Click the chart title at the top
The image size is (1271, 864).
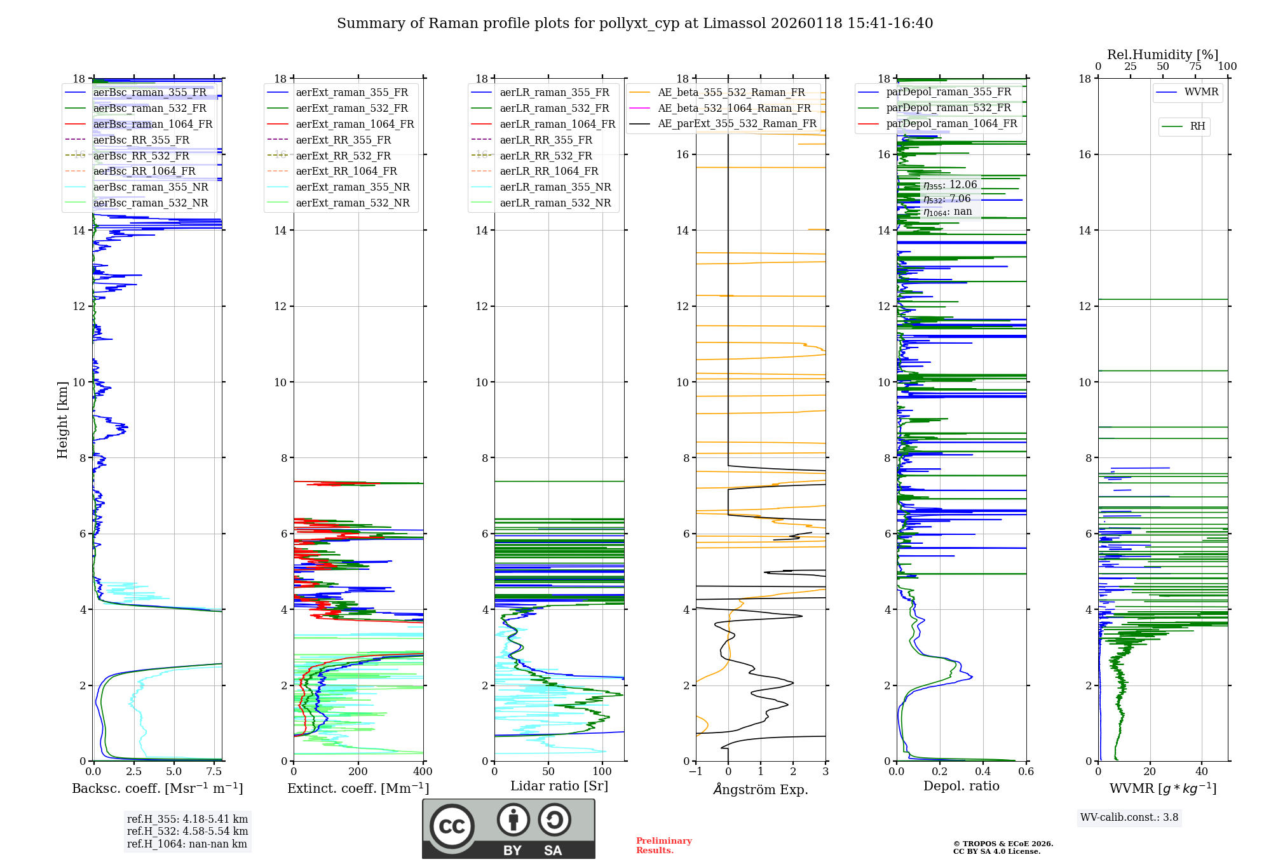[x=635, y=24]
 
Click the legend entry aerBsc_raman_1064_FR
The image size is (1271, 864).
[x=153, y=124]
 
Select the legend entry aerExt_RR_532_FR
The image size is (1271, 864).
[x=343, y=156]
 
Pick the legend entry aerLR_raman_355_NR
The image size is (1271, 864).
[x=555, y=187]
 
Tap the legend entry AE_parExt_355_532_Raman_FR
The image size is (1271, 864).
[x=737, y=123]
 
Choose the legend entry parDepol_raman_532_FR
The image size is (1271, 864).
[x=948, y=107]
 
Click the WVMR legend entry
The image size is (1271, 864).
[x=1200, y=92]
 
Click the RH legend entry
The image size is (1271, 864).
[x=1197, y=126]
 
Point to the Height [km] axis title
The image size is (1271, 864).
[x=62, y=419]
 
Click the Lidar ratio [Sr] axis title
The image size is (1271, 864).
[x=559, y=786]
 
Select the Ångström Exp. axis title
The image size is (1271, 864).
[x=761, y=789]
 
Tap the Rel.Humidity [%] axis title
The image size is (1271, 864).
[x=1162, y=55]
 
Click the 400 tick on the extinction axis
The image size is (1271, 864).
[x=423, y=772]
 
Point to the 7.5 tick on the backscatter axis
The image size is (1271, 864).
[x=214, y=772]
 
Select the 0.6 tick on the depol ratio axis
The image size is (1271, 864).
[x=1026, y=772]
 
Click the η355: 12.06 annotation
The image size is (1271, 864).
[x=950, y=185]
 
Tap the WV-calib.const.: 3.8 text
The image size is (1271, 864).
[x=1129, y=818]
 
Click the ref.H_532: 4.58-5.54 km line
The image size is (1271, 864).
[x=187, y=831]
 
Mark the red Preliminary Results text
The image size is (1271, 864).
[x=663, y=845]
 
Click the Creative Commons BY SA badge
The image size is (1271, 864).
[x=508, y=828]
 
